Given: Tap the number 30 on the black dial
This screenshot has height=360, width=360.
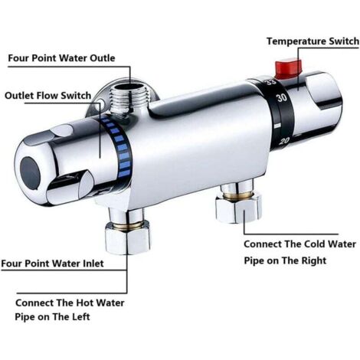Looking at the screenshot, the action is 282,98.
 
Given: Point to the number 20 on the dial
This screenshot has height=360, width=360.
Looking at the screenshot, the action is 284,141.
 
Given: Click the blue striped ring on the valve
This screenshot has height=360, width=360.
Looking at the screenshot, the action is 117,147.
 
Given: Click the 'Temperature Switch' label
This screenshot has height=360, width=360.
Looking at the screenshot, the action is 313,41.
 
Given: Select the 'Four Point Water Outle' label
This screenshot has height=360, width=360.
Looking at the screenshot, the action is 61,58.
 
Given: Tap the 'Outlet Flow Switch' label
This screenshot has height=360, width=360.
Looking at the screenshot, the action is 48,96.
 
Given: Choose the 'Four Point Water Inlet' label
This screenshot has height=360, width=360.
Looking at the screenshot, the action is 52,263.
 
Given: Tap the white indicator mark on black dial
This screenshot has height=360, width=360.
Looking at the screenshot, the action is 277,126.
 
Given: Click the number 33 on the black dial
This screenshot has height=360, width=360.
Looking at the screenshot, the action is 269,82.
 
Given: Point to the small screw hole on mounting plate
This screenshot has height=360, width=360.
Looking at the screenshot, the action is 101,103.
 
